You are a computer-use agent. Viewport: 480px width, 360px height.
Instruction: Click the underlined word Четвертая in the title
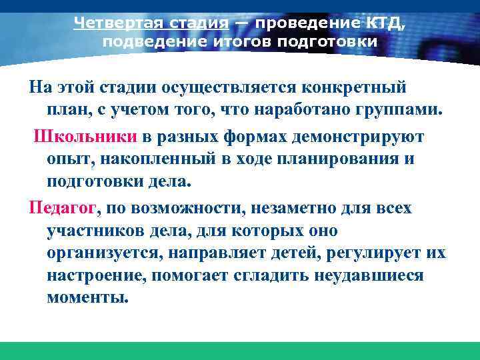tap(112, 23)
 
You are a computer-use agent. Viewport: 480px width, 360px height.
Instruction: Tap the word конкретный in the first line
tap(355, 88)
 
